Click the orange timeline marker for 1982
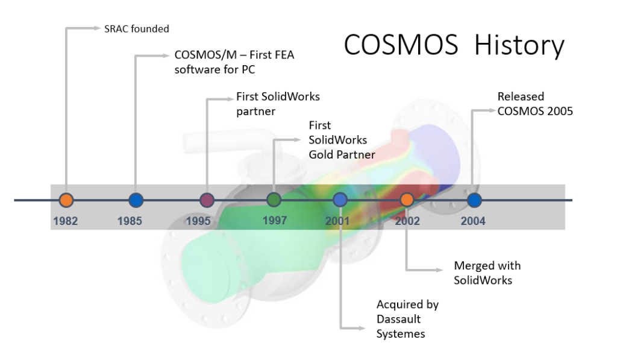(x=66, y=200)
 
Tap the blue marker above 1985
(x=136, y=200)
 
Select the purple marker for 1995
(x=207, y=200)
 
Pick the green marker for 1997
(x=274, y=200)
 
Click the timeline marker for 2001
(x=340, y=200)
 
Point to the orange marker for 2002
(x=407, y=200)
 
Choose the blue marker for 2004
(x=474, y=200)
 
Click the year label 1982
(x=65, y=221)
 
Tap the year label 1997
(x=274, y=220)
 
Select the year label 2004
(x=473, y=221)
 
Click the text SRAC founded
(x=137, y=28)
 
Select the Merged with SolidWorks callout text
(x=487, y=273)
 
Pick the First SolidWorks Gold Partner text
(x=342, y=140)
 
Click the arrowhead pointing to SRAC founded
(x=98, y=28)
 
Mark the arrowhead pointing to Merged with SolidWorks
(x=445, y=270)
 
